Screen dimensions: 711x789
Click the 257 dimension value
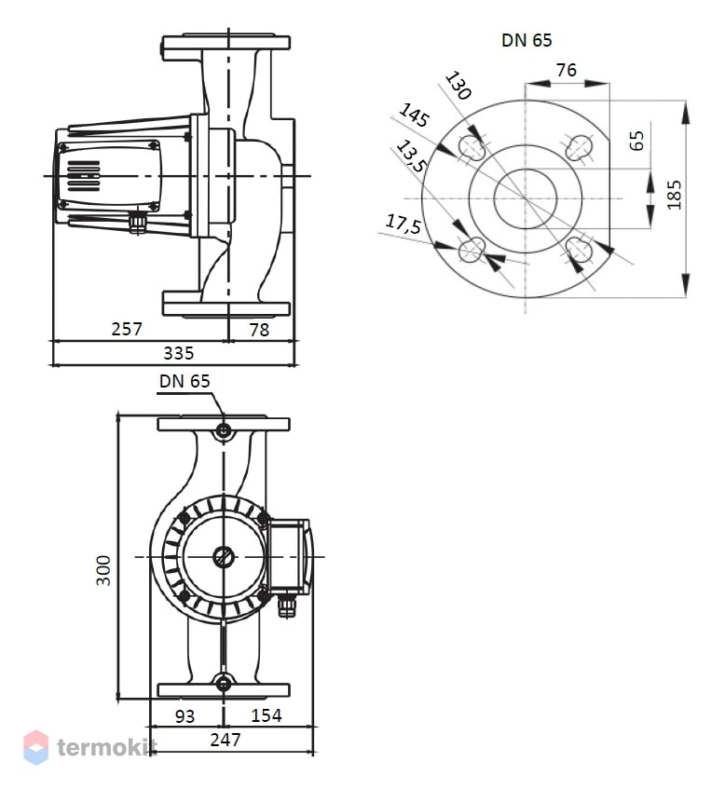[127, 329]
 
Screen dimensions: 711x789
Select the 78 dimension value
[259, 330]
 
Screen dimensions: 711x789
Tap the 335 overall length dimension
[179, 353]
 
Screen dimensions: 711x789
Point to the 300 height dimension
[103, 570]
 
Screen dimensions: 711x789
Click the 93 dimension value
[185, 716]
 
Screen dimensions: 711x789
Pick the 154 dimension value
[266, 715]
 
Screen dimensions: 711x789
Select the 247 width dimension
[226, 740]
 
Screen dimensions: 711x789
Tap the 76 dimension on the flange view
[567, 70]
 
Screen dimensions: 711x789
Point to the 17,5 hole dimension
[403, 224]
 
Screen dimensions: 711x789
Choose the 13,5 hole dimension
[412, 156]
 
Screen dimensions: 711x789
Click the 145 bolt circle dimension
[415, 116]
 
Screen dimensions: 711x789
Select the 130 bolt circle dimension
[458, 85]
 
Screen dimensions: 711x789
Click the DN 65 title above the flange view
[526, 40]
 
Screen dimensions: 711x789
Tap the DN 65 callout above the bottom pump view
[185, 381]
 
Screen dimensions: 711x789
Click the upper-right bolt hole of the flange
[579, 147]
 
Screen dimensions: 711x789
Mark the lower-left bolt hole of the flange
[472, 249]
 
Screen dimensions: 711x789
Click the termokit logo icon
[36, 747]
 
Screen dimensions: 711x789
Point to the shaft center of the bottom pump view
[224, 556]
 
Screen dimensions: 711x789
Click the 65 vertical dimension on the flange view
[637, 141]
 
